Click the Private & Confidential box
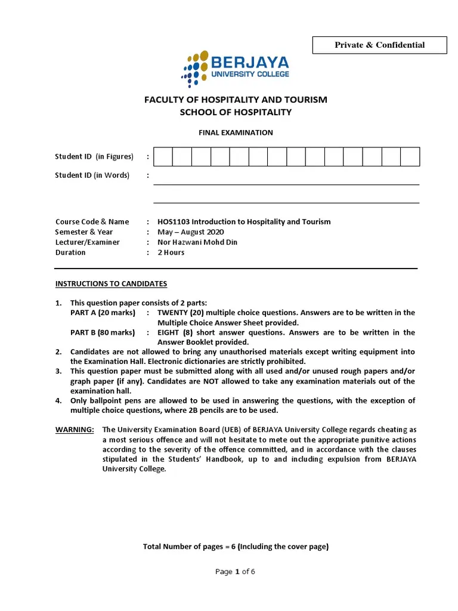[x=379, y=45]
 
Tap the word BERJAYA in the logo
[x=250, y=63]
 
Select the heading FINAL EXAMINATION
[x=236, y=132]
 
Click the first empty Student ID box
[x=163, y=157]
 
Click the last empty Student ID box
[x=410, y=157]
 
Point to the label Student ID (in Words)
[x=92, y=175]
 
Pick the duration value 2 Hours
[x=171, y=252]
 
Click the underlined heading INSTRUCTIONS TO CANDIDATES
[x=111, y=284]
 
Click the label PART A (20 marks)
[x=103, y=313]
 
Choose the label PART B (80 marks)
[x=103, y=332]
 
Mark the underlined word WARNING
[x=75, y=430]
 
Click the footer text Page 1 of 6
[x=235, y=572]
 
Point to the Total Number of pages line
[x=236, y=547]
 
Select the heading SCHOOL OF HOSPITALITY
[x=236, y=112]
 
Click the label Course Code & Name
[x=92, y=222]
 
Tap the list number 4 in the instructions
[x=58, y=401]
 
